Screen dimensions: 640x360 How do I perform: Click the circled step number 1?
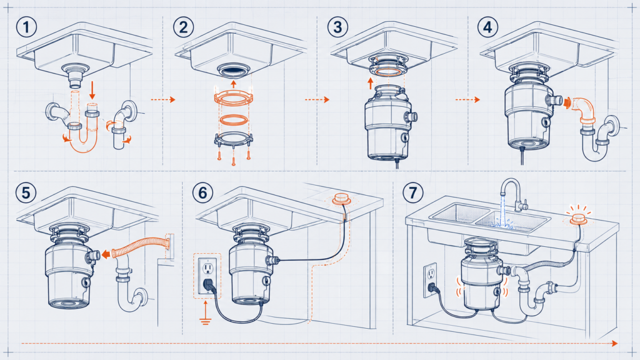pyautogui.click(x=26, y=27)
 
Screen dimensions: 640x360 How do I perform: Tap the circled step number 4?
pyautogui.click(x=487, y=27)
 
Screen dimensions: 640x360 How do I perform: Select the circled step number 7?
pyautogui.click(x=412, y=192)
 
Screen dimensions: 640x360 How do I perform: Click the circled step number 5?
pyautogui.click(x=26, y=192)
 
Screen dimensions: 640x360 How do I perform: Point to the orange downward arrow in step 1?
pyautogui.click(x=92, y=90)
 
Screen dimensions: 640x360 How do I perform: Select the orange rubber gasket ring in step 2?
pyautogui.click(x=234, y=121)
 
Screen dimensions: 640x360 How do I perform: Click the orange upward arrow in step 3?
pyautogui.click(x=370, y=84)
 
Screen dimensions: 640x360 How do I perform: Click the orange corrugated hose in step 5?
pyautogui.click(x=141, y=249)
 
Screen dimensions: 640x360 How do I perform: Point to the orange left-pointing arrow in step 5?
pyautogui.click(x=106, y=255)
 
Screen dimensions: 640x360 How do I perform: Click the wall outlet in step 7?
pyautogui.click(x=430, y=279)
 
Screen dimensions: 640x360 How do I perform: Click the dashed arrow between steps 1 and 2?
pyautogui.click(x=163, y=99)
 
